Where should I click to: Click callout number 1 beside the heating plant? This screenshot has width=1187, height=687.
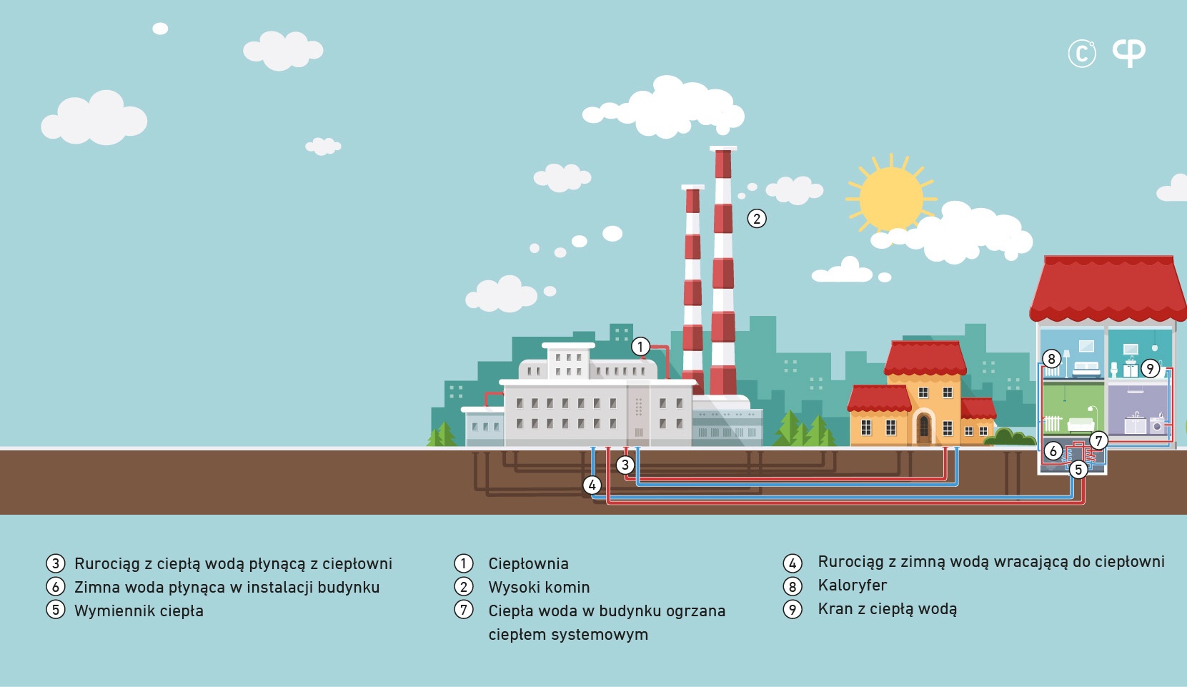[x=640, y=347]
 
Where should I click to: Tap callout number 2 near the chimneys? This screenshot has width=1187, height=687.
[x=757, y=219]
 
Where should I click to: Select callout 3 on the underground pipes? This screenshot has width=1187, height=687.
[x=625, y=465]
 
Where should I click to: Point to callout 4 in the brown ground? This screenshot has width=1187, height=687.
[x=592, y=485]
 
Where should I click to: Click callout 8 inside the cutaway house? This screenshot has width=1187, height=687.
[x=1051, y=359]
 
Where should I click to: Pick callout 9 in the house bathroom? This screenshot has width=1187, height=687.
[x=1150, y=368]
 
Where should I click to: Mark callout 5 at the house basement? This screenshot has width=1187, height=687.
[x=1078, y=470]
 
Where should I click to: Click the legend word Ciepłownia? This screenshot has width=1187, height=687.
[x=528, y=563]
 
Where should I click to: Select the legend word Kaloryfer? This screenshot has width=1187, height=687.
[x=852, y=585]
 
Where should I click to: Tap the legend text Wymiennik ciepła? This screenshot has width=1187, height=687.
[x=139, y=611]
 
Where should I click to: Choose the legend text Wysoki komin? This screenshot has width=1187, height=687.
[x=539, y=588]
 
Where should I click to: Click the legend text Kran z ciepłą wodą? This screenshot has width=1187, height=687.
[x=888, y=609]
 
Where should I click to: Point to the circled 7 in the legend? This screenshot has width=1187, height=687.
[x=464, y=610]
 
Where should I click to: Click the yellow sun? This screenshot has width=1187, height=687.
[x=891, y=199]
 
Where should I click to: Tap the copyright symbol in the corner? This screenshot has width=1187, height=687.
[x=1081, y=54]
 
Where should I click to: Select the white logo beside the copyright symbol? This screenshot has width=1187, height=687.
[x=1128, y=52]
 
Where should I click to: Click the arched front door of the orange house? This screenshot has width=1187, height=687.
[x=924, y=427]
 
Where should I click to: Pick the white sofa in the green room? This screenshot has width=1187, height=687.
[x=1081, y=425]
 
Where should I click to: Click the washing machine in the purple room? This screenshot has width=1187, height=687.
[x=1157, y=425]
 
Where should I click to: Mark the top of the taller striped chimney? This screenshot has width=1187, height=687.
[x=722, y=149]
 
